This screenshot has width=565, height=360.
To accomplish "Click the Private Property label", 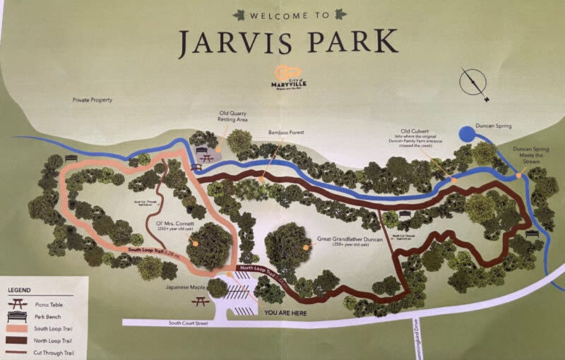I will coord(92,100).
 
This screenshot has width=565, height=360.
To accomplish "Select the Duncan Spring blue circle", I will coord(468,133).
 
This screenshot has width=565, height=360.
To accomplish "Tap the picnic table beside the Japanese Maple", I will coord(199,302).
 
